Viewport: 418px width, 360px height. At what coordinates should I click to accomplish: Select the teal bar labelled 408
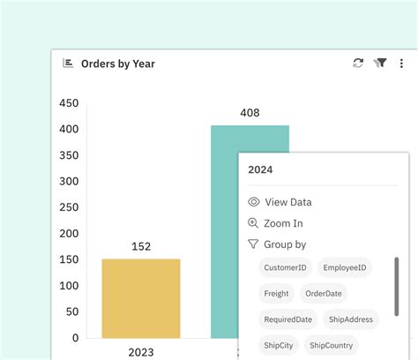(224, 229)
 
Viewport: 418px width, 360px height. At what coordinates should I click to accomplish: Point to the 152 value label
(141, 247)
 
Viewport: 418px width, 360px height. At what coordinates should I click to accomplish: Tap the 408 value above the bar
(250, 113)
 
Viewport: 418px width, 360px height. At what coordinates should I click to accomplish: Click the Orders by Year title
(119, 64)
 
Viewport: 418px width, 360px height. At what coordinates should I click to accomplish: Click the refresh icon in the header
(358, 64)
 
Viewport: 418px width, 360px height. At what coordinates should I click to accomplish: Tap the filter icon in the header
(381, 64)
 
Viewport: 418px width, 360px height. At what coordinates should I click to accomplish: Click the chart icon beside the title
(68, 64)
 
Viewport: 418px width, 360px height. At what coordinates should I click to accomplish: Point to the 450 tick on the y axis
(69, 103)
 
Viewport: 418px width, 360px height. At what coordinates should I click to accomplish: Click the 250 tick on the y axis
(69, 207)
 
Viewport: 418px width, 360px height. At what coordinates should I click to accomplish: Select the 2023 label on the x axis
(141, 352)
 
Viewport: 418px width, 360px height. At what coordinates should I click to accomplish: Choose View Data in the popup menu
(288, 202)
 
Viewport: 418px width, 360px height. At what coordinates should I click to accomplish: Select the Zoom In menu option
(284, 223)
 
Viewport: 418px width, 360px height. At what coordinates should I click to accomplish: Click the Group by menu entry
(285, 244)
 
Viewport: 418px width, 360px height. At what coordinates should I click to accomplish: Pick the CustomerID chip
(285, 267)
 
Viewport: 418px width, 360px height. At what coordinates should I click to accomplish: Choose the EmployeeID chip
(346, 267)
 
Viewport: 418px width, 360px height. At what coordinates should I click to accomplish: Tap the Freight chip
(276, 294)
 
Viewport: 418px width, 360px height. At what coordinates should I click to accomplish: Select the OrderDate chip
(324, 294)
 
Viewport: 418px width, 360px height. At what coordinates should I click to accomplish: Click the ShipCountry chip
(332, 345)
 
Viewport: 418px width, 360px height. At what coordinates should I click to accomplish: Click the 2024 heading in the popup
(260, 169)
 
